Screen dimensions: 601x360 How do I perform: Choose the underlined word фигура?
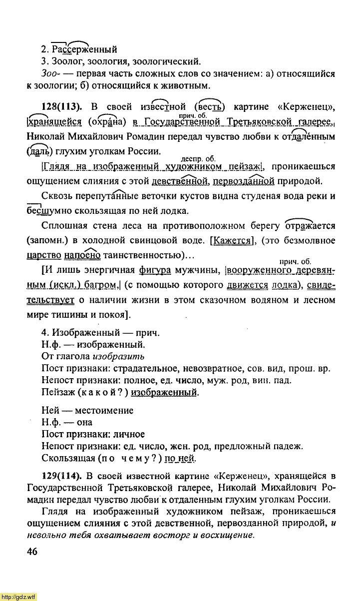pos(155,271)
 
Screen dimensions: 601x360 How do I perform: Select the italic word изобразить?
pos(119,357)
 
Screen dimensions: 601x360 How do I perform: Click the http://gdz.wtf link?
pos(18,597)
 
